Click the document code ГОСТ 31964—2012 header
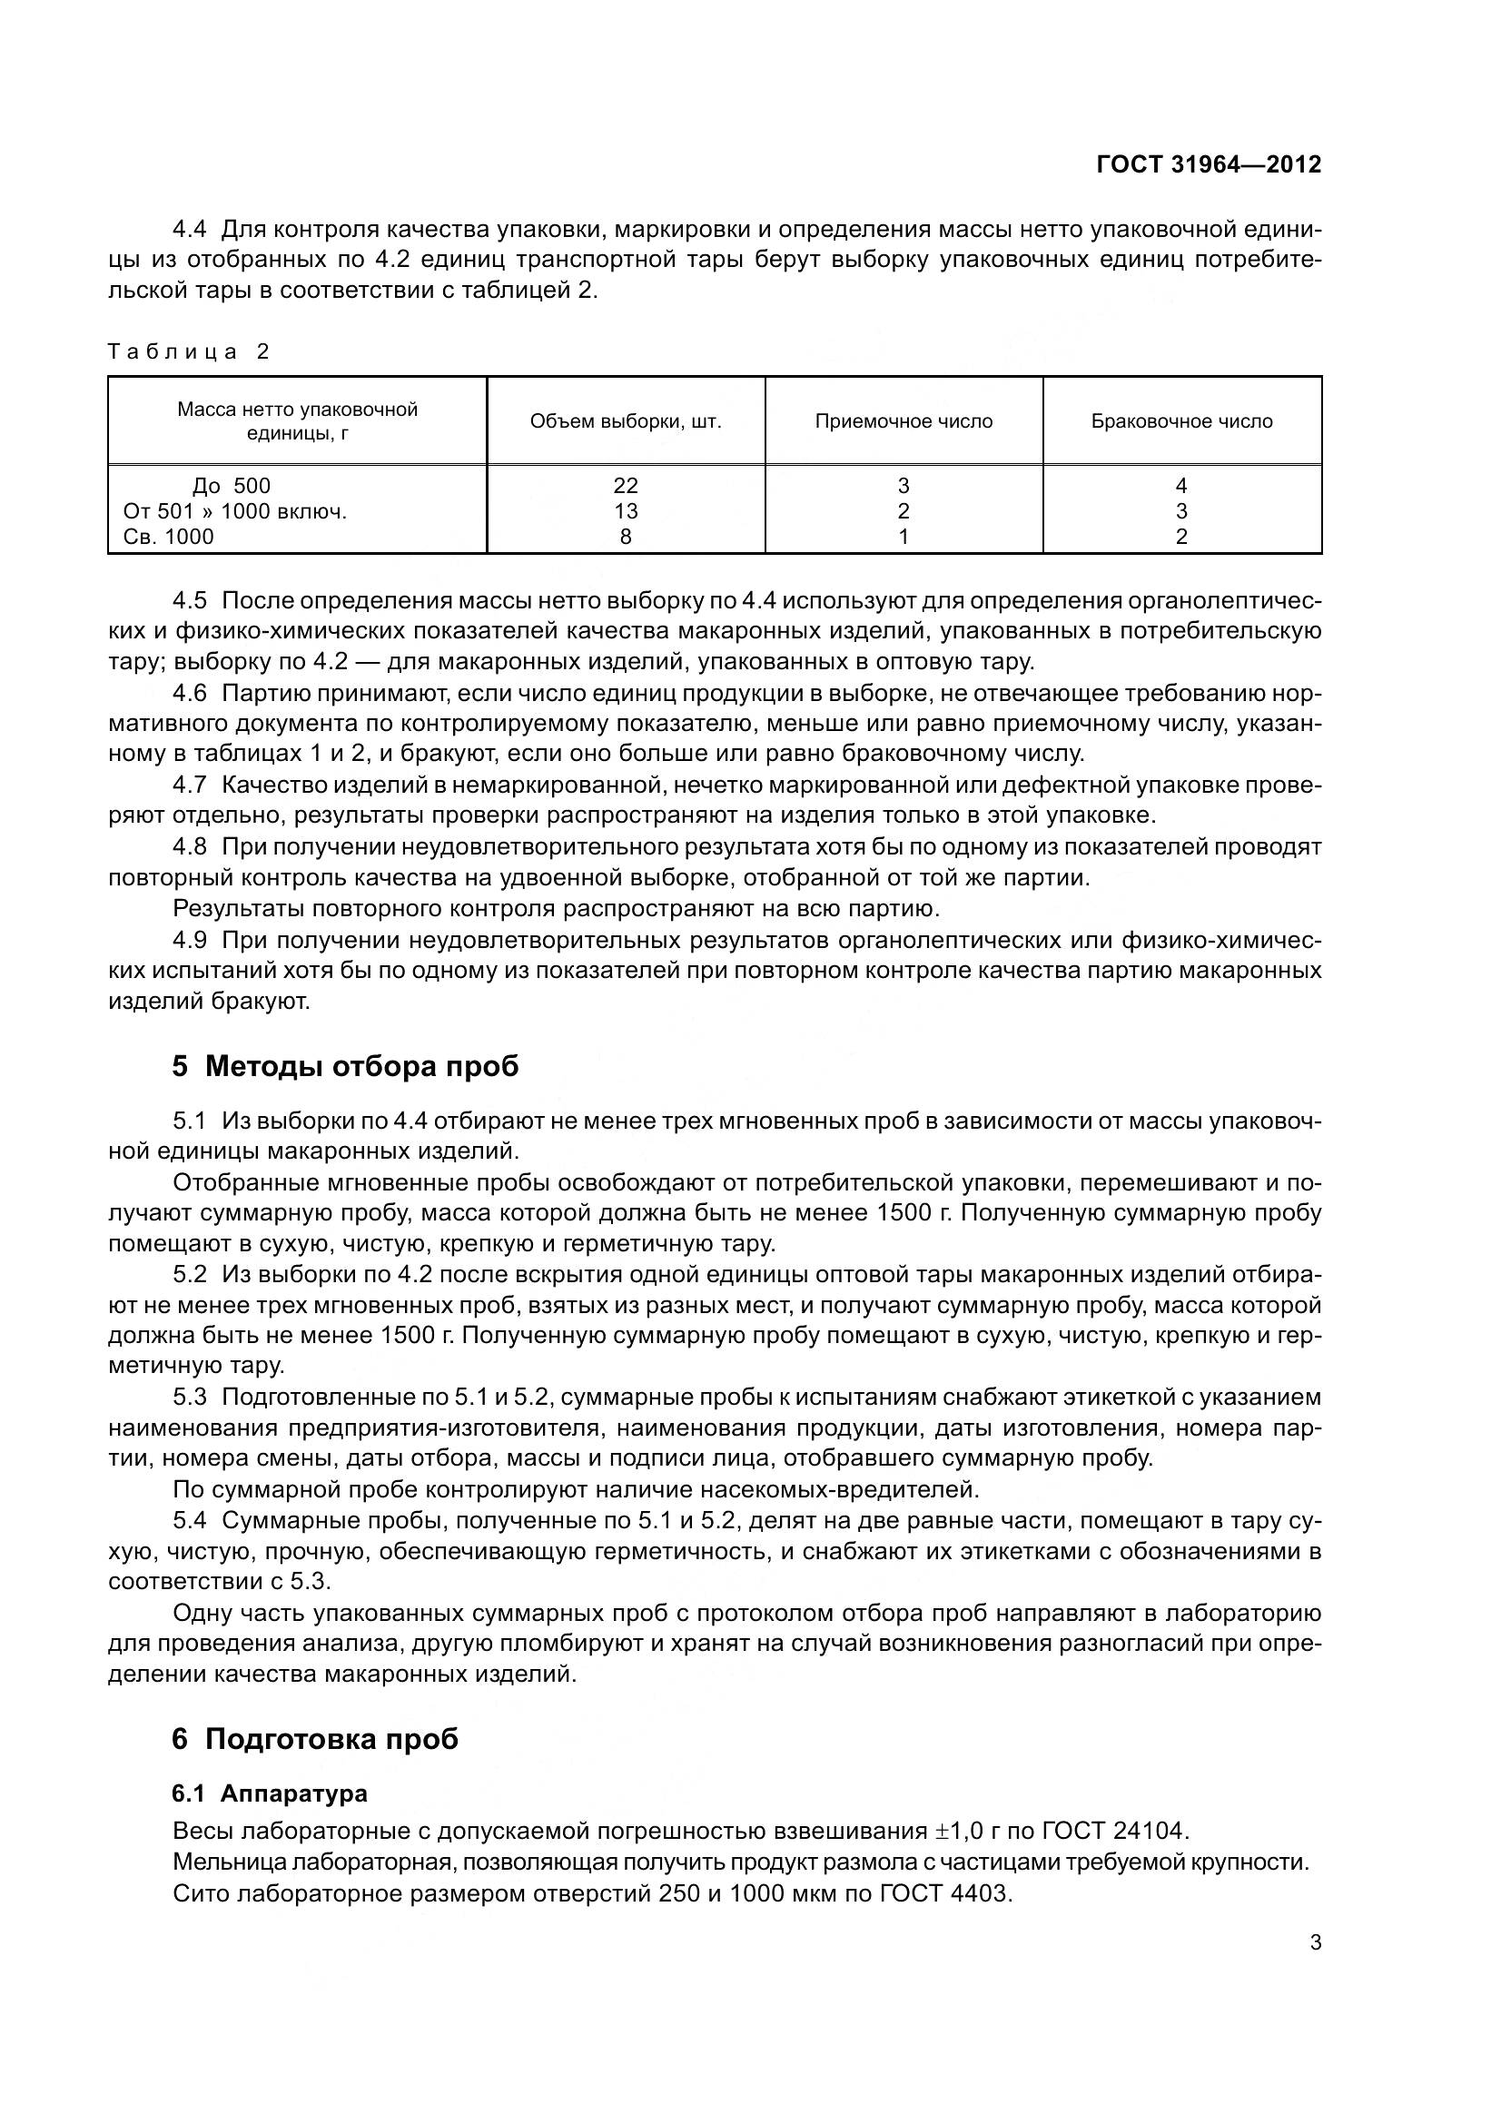[x=1208, y=164]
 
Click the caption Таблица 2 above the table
[x=188, y=351]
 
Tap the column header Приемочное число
[x=904, y=422]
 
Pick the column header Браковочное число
[x=1181, y=422]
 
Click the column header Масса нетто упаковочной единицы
[x=297, y=421]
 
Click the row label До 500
[x=232, y=486]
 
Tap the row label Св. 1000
[x=168, y=537]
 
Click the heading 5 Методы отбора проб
[x=345, y=1067]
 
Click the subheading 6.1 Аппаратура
[x=269, y=1793]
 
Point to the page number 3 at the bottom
[x=1315, y=1942]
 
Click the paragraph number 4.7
[x=189, y=785]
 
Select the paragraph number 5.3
[x=189, y=1397]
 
